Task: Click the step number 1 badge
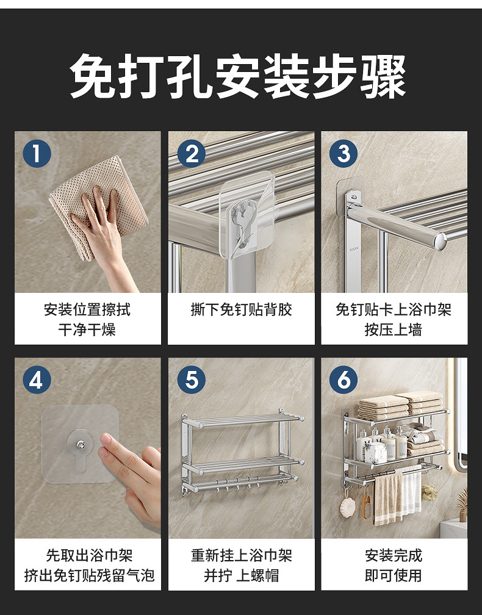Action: (37, 153)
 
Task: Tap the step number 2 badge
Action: (192, 153)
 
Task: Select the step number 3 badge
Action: (344, 153)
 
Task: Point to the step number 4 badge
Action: (37, 379)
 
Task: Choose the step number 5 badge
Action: (192, 379)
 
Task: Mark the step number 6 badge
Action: (344, 379)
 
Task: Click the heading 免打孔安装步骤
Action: (238, 76)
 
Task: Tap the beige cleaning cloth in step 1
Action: (98, 204)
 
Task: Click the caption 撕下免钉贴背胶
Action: (241, 310)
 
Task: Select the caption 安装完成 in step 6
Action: (394, 555)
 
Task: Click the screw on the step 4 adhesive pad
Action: (80, 444)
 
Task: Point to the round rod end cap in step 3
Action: (442, 240)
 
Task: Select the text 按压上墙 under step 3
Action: (394, 330)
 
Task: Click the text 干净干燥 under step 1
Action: (87, 330)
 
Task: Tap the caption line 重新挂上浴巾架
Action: (241, 555)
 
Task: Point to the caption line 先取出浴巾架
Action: (89, 555)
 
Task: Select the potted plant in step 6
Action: (463, 504)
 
